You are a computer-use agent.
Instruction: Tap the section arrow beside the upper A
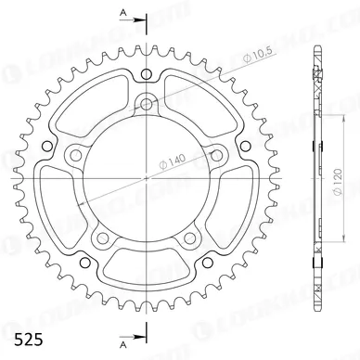[139, 18]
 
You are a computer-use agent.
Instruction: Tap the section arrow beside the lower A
[139, 333]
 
